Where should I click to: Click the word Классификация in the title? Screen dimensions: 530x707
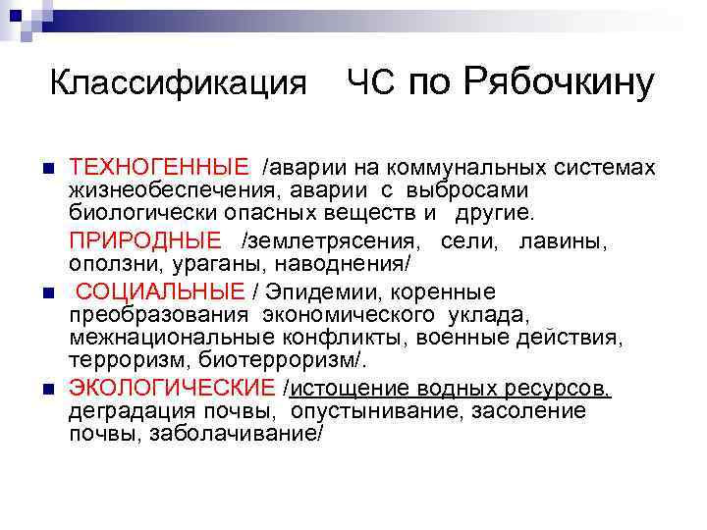click(179, 84)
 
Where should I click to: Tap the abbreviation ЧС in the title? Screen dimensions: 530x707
click(370, 84)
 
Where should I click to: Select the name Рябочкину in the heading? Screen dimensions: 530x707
click(560, 83)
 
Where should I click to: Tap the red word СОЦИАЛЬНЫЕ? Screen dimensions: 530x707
click(160, 291)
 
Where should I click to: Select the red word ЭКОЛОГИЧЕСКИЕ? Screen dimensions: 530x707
click(173, 389)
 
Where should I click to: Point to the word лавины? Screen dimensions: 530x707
click(565, 240)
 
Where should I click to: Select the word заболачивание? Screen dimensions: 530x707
click(235, 432)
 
